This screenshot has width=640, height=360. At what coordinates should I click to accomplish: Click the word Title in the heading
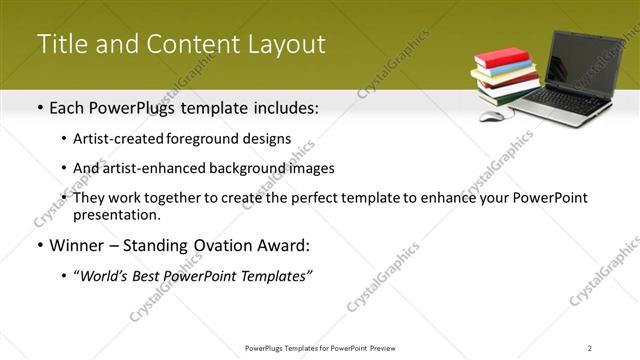(58, 45)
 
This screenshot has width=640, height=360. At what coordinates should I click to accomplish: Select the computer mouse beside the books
(491, 116)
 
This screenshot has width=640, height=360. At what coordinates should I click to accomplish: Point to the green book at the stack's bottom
(506, 96)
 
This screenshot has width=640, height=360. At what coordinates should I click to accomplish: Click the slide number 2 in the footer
(590, 347)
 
